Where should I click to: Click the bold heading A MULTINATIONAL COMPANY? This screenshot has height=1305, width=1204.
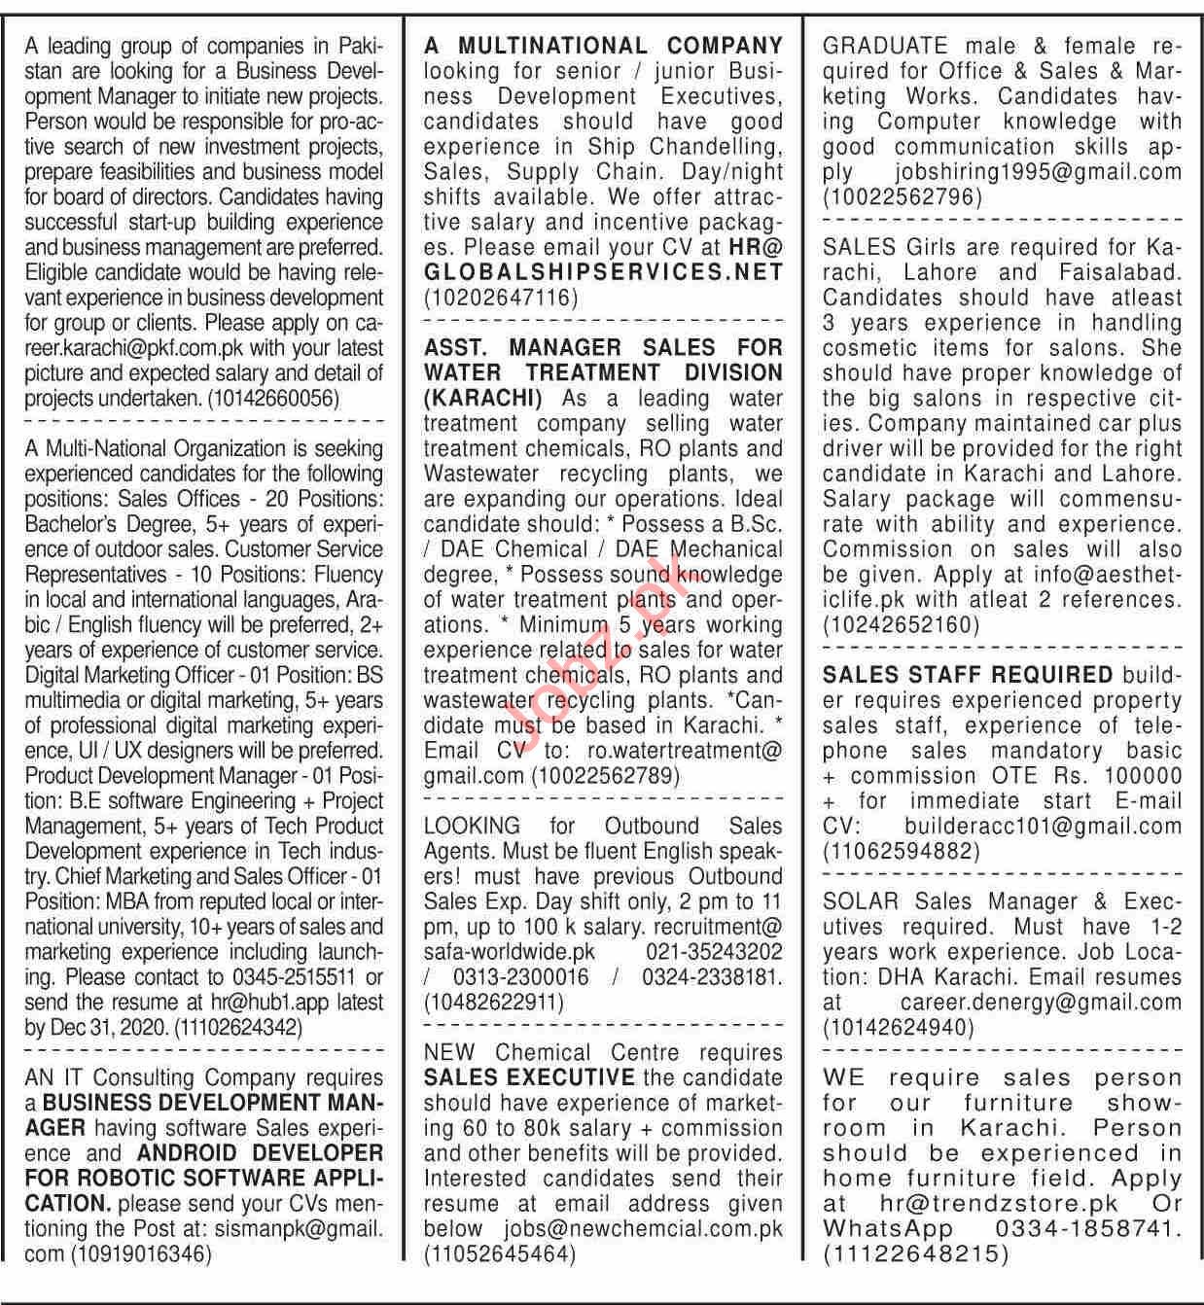(603, 45)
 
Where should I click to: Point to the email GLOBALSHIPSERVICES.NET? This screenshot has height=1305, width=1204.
(603, 272)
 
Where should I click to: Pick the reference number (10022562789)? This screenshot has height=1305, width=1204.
(605, 776)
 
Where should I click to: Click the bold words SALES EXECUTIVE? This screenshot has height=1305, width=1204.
(529, 1078)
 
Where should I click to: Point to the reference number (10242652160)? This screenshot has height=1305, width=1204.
(902, 625)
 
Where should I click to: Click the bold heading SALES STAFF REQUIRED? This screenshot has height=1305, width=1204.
(967, 675)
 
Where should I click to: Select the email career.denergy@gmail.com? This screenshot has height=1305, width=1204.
(1041, 1003)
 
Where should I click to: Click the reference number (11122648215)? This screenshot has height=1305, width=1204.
(915, 1255)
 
